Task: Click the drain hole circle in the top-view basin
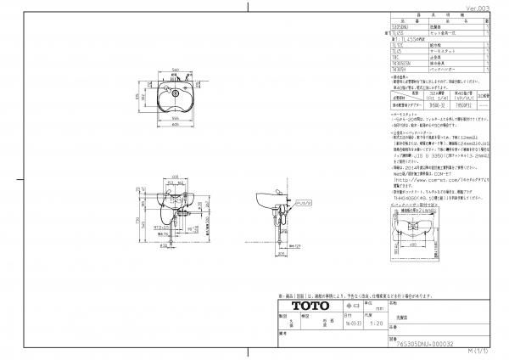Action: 175,93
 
